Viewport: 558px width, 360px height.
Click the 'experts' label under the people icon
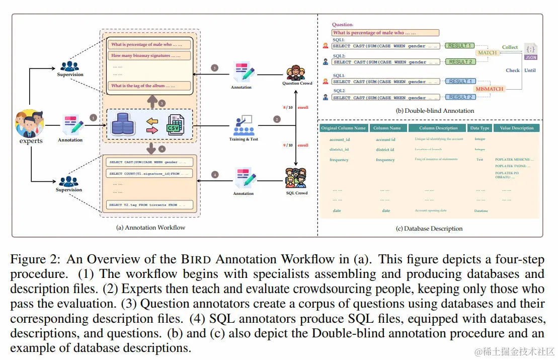coord(31,141)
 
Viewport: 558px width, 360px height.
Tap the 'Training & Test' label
coord(244,139)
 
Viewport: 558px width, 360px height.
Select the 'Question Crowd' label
coord(297,83)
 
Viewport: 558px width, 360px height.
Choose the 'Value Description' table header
coord(516,128)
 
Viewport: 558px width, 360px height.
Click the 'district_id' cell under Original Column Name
coord(339,150)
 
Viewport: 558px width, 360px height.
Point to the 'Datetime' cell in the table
coord(481,211)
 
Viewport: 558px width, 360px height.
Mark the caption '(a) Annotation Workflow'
coord(150,227)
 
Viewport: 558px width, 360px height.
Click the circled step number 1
coord(93,117)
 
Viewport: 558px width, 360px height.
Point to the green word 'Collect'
coord(510,47)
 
